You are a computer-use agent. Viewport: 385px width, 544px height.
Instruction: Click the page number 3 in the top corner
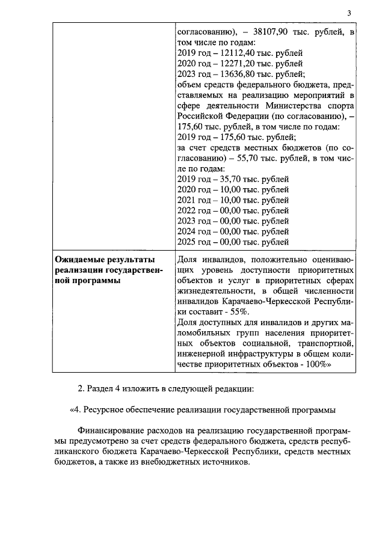(348, 14)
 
